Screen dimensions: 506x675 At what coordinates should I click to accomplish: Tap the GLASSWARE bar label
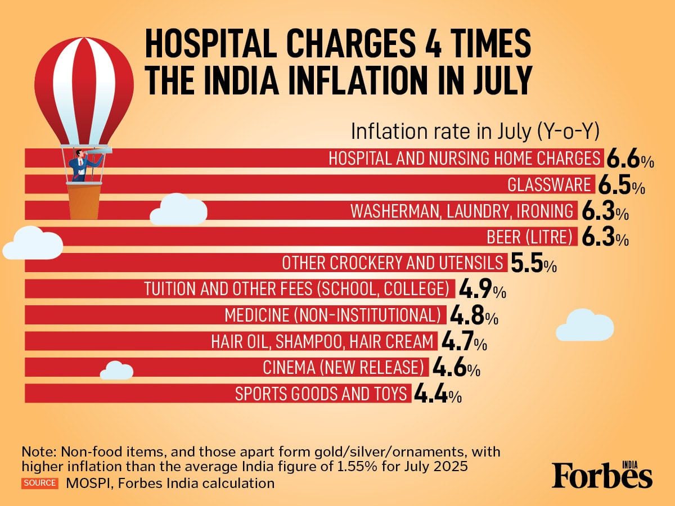549,184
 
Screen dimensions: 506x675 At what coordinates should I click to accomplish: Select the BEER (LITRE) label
529,237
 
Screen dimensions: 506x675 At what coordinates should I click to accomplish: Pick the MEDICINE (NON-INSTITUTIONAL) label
332,315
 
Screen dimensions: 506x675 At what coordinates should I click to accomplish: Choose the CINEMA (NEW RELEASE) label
343,368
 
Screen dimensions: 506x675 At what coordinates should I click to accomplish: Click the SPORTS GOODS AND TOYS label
321,394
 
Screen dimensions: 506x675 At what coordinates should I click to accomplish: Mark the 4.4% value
438,394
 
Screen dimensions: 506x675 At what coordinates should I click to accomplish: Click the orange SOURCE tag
39,483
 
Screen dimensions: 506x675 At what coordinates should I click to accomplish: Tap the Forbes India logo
602,475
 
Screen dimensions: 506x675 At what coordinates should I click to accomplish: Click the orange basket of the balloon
84,201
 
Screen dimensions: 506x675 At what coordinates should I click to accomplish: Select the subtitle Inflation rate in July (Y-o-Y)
475,132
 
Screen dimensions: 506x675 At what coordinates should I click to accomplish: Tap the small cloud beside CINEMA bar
116,371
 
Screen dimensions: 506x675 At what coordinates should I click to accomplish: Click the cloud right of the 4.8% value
584,325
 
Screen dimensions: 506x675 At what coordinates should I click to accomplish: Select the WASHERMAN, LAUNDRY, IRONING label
462,211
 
